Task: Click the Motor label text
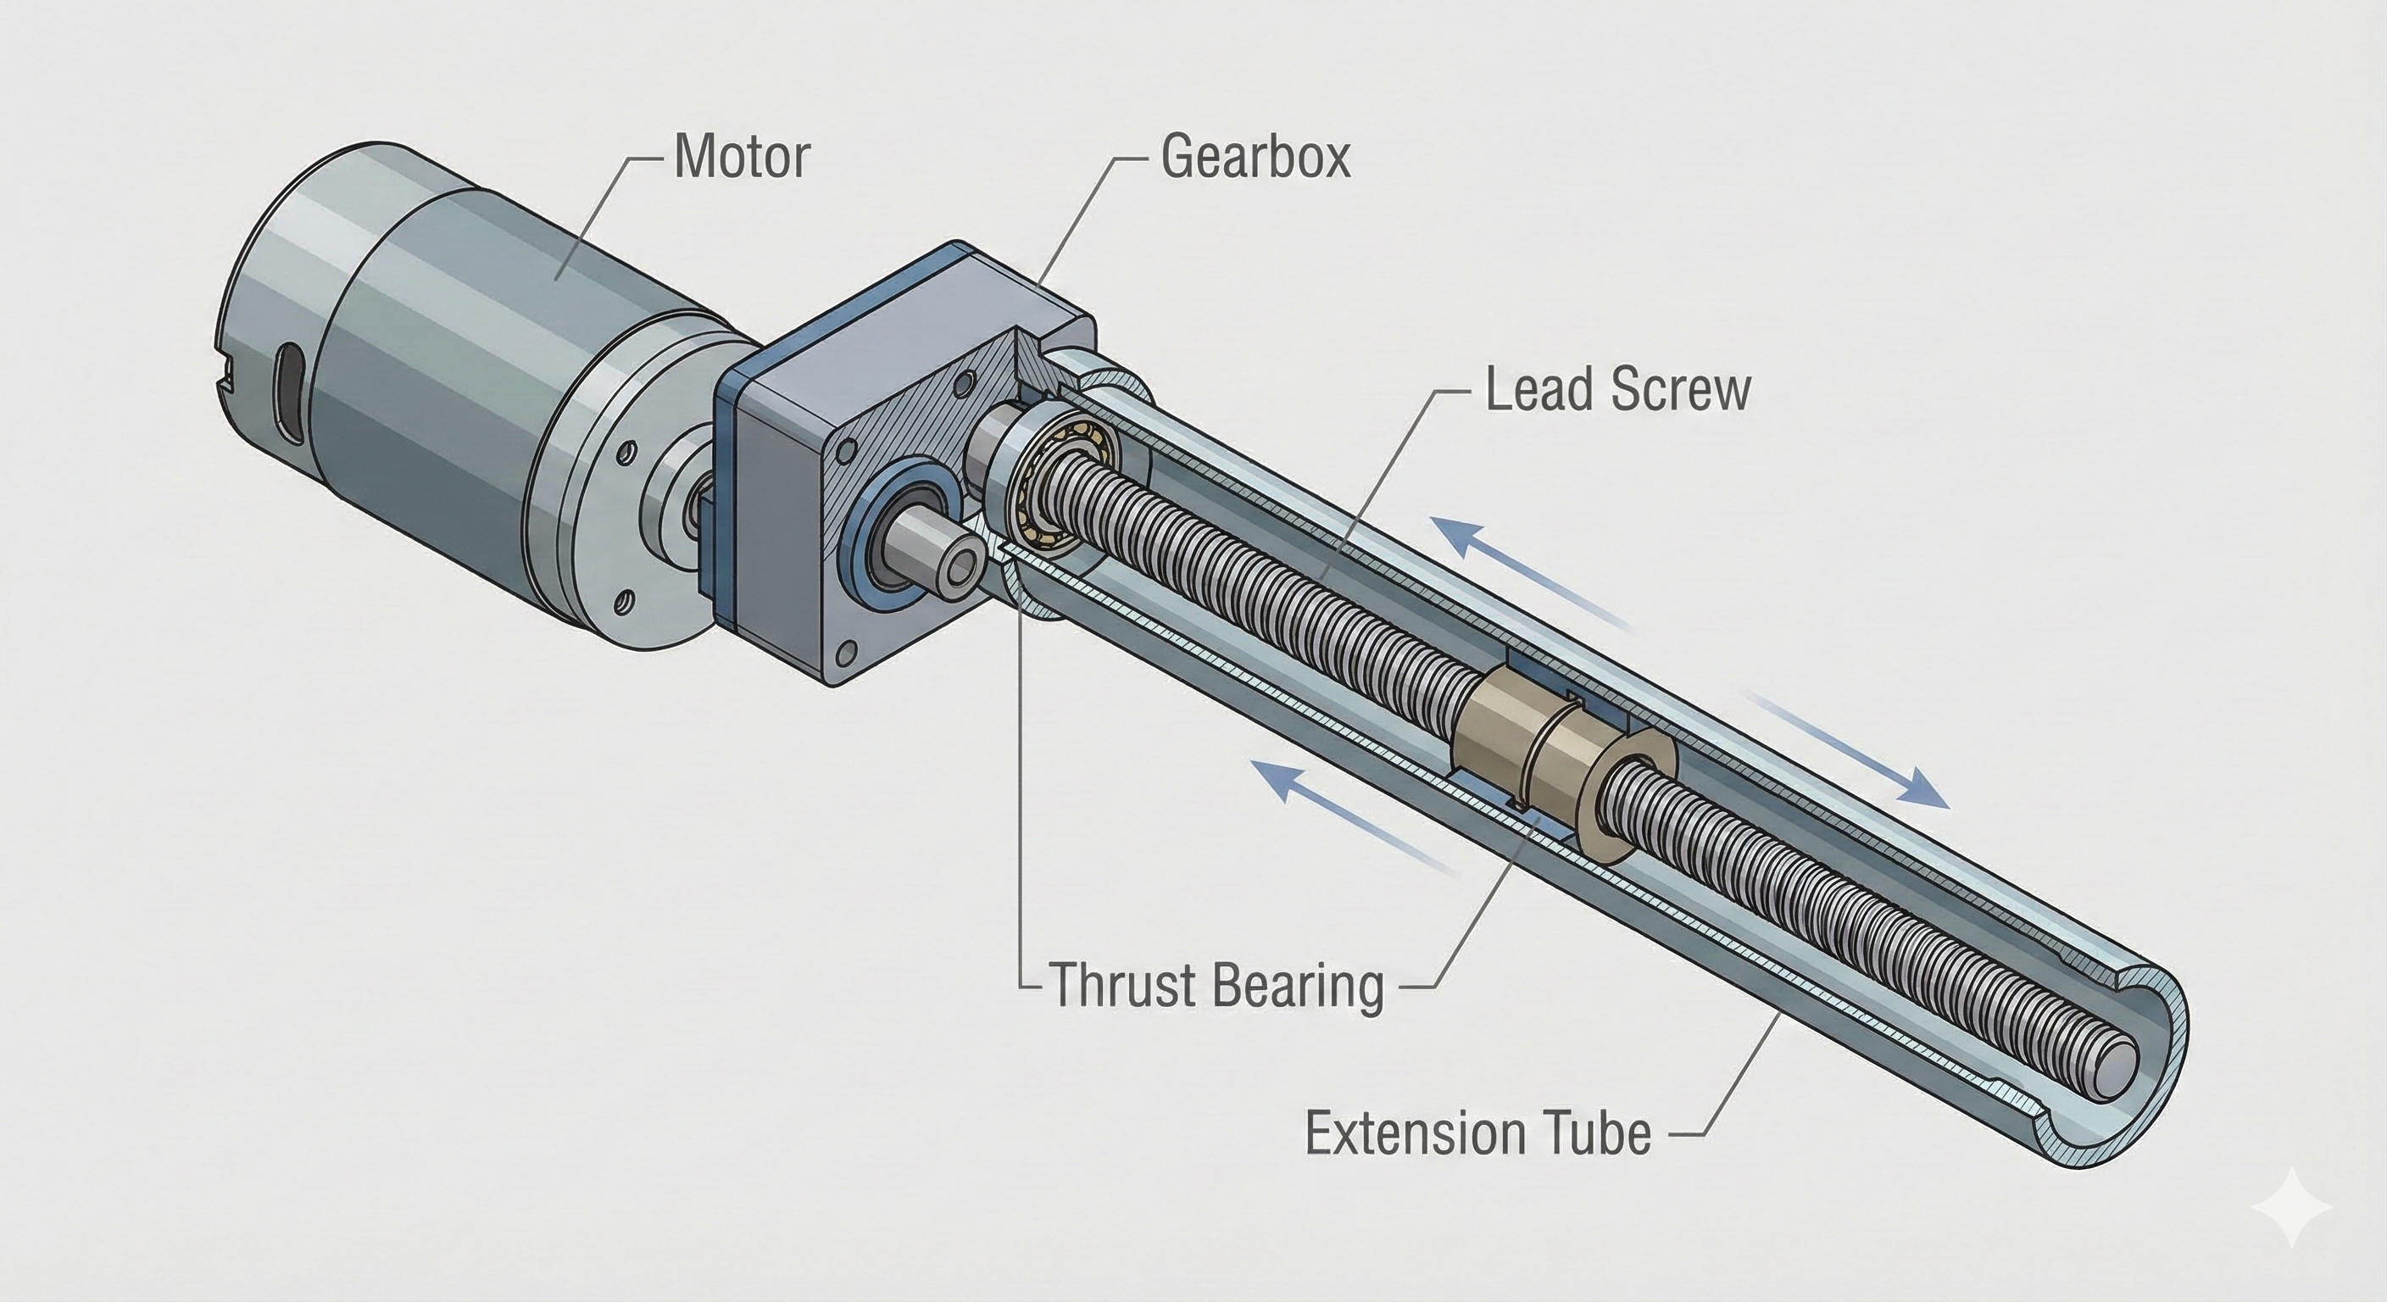click(742, 158)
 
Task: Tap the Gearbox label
click(1255, 158)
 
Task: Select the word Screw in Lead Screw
click(1682, 389)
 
